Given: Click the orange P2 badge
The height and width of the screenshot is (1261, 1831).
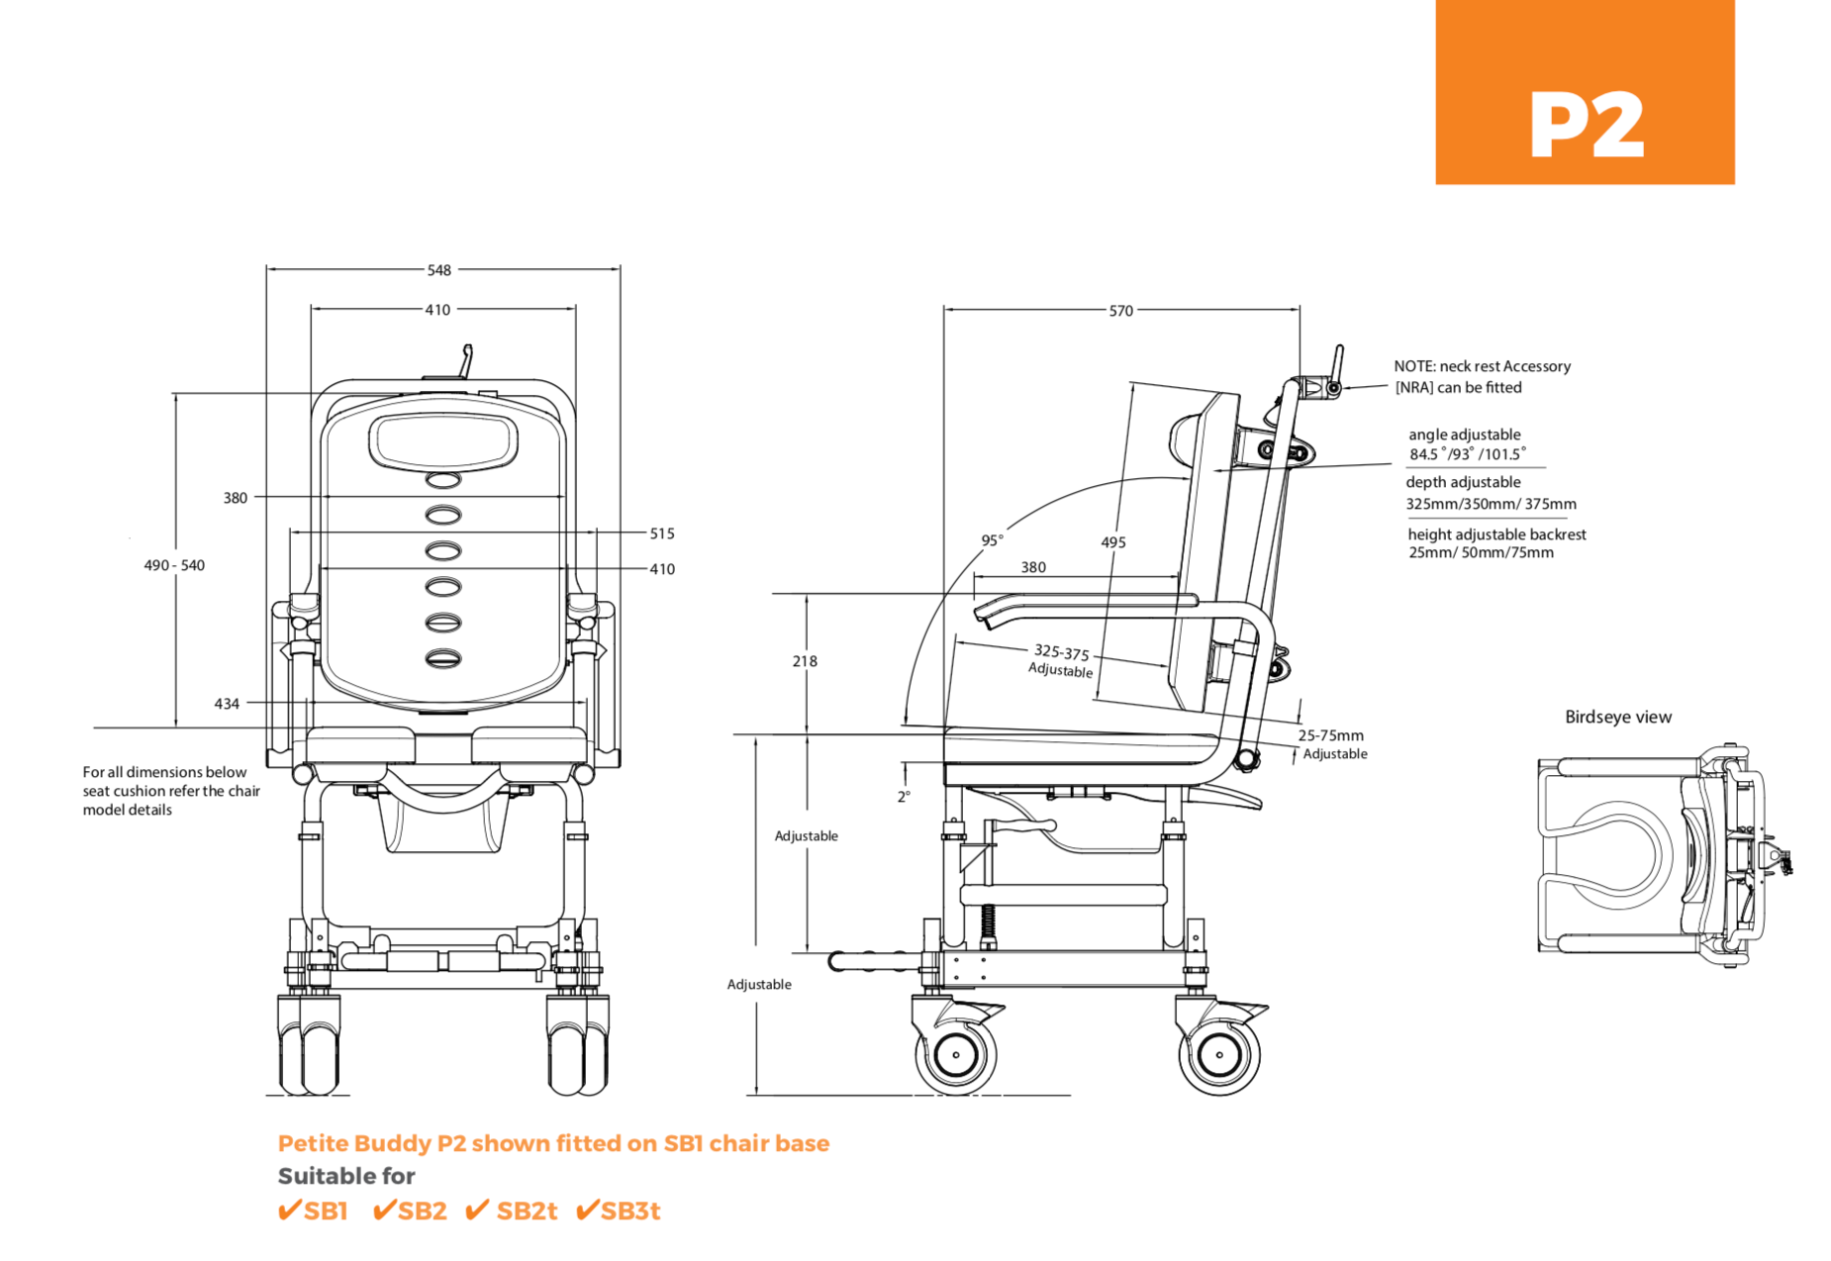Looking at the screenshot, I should pyautogui.click(x=1584, y=92).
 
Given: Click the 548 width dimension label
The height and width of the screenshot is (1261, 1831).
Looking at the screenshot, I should pyautogui.click(x=438, y=270).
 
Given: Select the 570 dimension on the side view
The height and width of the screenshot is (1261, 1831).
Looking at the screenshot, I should pyautogui.click(x=1119, y=311).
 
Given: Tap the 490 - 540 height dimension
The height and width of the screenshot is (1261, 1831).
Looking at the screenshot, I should pyautogui.click(x=174, y=565).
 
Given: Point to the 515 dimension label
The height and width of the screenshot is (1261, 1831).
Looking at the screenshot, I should pyautogui.click(x=661, y=533).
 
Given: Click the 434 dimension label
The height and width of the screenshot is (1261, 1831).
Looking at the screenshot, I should pyautogui.click(x=227, y=704).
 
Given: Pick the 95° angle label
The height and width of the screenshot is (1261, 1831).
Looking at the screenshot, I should pyautogui.click(x=992, y=540).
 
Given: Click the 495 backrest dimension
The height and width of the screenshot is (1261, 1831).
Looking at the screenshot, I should pyautogui.click(x=1112, y=542).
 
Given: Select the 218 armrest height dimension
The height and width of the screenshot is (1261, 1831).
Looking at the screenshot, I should pyautogui.click(x=804, y=661).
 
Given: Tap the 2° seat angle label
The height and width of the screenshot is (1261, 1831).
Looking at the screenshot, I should pyautogui.click(x=903, y=797).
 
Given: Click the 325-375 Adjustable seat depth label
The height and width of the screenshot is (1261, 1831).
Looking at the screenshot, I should pyautogui.click(x=1061, y=660).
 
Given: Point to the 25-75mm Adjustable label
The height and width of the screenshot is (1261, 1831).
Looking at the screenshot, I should pyautogui.click(x=1332, y=744).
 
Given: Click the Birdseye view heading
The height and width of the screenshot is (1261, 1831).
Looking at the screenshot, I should pyautogui.click(x=1617, y=718).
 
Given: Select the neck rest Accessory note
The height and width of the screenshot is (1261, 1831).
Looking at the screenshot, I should pyautogui.click(x=1482, y=377).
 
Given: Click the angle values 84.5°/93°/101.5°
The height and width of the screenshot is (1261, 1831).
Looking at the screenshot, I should pyautogui.click(x=1467, y=454).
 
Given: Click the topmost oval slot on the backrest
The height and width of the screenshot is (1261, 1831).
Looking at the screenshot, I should pyautogui.click(x=443, y=480).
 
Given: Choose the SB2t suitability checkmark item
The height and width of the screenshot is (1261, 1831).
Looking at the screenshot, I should pyautogui.click(x=512, y=1211).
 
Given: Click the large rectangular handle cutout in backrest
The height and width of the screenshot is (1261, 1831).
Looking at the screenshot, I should pyautogui.click(x=443, y=441).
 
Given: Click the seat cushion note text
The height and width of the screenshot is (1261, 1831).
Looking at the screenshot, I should pyautogui.click(x=170, y=791).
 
